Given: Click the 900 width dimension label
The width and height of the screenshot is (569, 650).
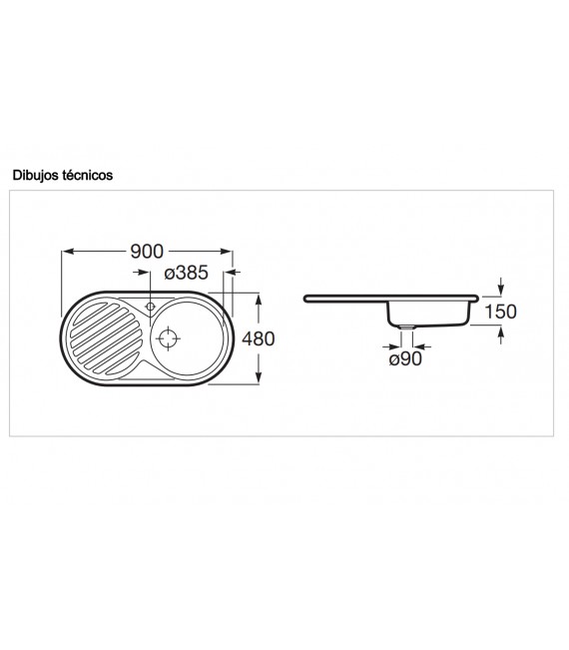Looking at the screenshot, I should pyautogui.click(x=148, y=252).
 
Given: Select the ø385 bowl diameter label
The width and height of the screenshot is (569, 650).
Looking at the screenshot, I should pyautogui.click(x=186, y=272).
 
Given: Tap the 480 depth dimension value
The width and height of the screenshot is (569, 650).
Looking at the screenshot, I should pyautogui.click(x=258, y=338).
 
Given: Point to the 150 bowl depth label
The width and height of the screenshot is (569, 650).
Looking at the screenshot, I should pyautogui.click(x=499, y=311).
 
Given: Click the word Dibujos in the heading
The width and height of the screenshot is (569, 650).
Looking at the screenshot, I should pyautogui.click(x=36, y=175).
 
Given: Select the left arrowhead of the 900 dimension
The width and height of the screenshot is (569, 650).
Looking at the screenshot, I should pyautogui.click(x=67, y=252).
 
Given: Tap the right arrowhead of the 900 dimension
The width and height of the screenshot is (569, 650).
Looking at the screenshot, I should pyautogui.click(x=233, y=252).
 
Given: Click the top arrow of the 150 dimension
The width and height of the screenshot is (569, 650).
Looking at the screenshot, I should pyautogui.click(x=501, y=291).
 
